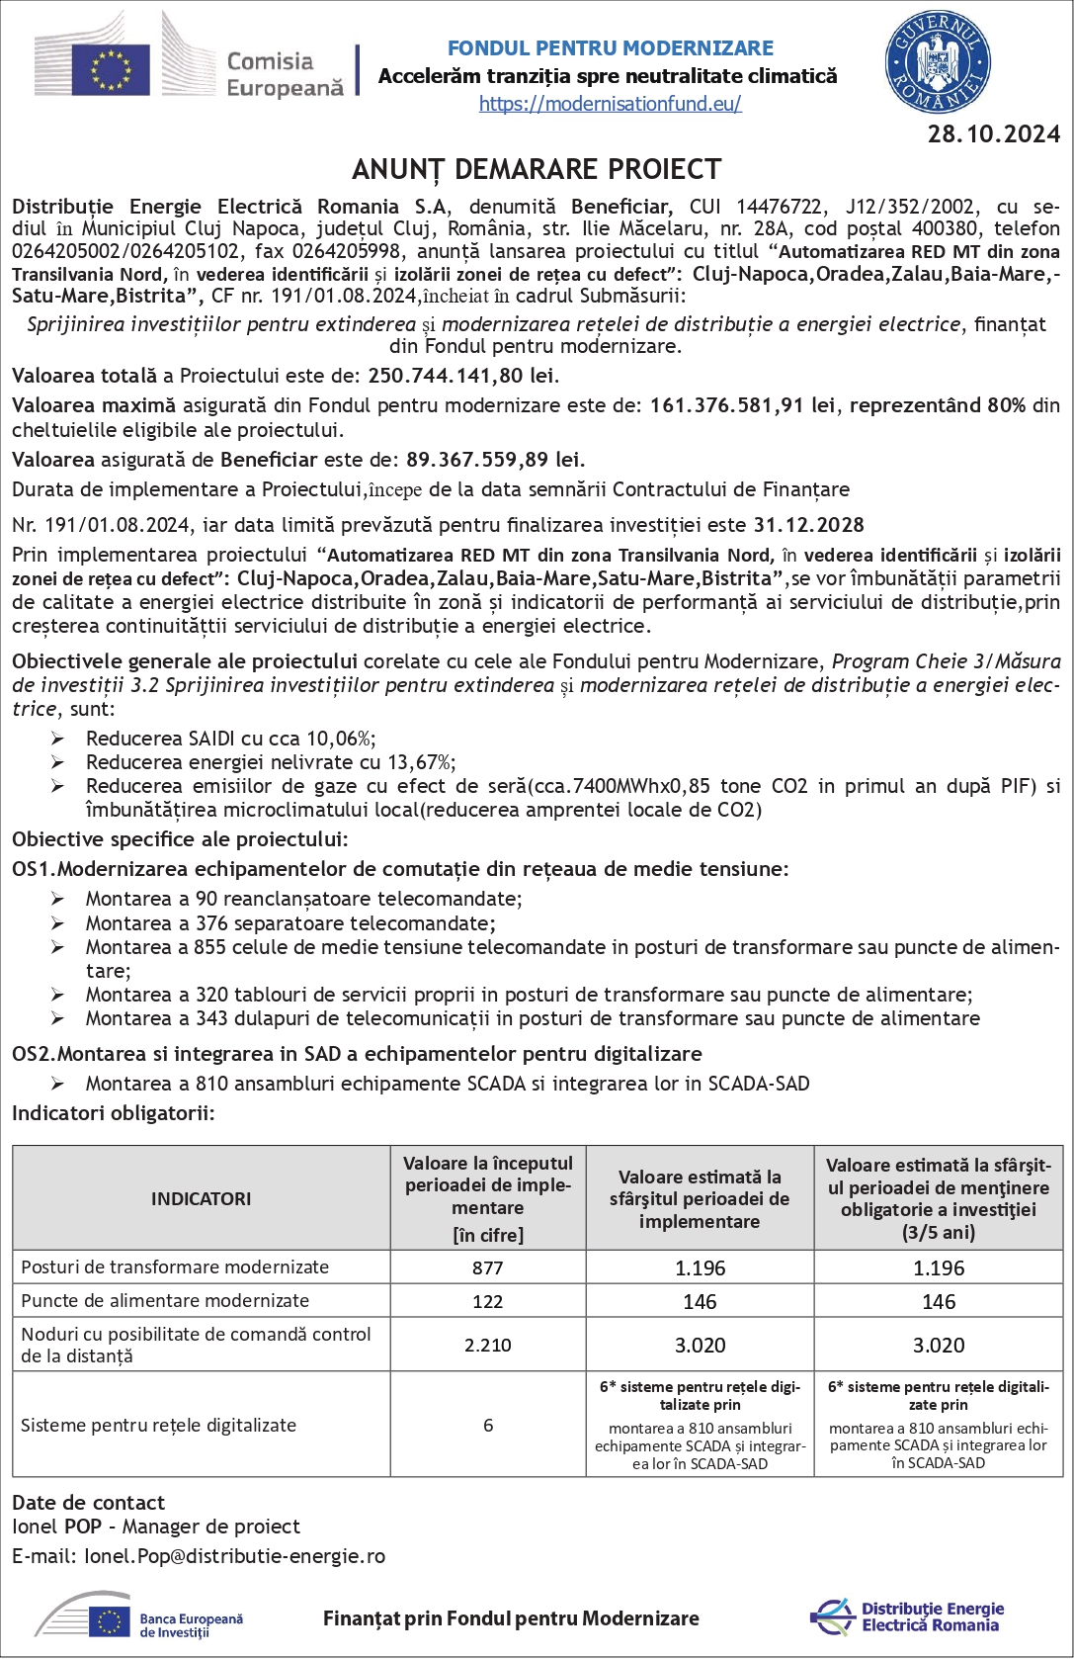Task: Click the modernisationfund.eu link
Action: [610, 104]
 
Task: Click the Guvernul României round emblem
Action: [938, 63]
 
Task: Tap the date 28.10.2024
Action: [993, 134]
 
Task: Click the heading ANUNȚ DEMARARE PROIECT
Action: [537, 170]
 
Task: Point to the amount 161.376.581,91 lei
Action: [742, 405]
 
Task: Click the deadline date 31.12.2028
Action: [808, 525]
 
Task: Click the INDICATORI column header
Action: [201, 1198]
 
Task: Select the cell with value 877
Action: [487, 1267]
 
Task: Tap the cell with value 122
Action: [487, 1301]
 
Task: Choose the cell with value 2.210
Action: [487, 1345]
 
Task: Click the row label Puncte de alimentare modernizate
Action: [165, 1301]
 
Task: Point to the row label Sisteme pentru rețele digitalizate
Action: [158, 1425]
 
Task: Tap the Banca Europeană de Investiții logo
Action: [139, 1617]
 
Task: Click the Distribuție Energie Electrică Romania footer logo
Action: [907, 1617]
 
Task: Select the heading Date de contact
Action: [88, 1503]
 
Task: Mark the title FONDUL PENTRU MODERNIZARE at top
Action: [610, 48]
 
